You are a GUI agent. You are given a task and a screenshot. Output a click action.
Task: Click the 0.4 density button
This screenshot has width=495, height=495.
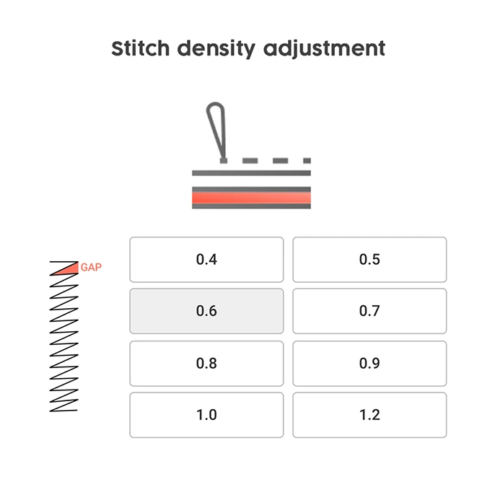click(x=206, y=260)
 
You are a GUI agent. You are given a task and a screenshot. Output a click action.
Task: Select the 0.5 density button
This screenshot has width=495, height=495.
click(x=369, y=260)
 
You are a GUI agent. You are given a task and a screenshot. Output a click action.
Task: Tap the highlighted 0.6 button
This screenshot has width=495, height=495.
click(x=206, y=311)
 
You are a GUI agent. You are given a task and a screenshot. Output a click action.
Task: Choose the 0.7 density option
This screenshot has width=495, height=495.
click(x=369, y=311)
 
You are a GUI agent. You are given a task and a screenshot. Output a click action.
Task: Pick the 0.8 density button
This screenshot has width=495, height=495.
click(x=206, y=364)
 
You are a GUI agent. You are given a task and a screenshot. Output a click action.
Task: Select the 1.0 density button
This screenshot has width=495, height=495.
click(x=206, y=415)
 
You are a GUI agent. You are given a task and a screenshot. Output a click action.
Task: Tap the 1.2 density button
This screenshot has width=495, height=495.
click(x=369, y=415)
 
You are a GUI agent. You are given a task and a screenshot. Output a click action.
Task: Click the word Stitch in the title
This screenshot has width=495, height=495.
click(x=141, y=48)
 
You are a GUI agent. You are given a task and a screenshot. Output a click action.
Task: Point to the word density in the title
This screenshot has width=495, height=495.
click(x=216, y=49)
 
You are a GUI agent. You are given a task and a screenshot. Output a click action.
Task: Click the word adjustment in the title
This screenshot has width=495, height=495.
click(x=324, y=49)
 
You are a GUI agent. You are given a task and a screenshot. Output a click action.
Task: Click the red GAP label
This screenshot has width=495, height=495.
click(x=91, y=268)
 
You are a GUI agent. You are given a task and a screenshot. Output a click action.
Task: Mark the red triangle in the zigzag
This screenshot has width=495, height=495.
click(x=69, y=269)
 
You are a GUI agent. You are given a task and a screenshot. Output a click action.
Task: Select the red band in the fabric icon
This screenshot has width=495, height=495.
click(x=251, y=198)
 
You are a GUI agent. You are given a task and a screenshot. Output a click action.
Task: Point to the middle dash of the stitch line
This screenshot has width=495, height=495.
click(x=280, y=161)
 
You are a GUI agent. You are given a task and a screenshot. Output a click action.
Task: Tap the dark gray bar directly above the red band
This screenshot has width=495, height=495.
click(x=251, y=189)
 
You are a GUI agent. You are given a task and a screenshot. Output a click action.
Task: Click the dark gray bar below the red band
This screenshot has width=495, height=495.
click(x=251, y=206)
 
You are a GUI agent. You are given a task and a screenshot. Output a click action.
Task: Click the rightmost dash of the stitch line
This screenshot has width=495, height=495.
click(x=307, y=161)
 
